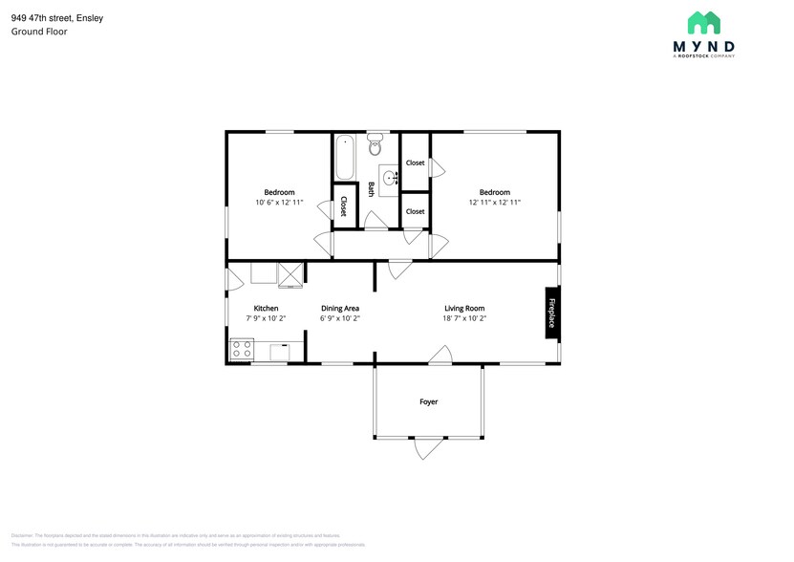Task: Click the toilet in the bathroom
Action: (x=375, y=146)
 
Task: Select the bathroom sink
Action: (x=389, y=177)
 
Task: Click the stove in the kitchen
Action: (x=241, y=351)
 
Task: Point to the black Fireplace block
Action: (x=551, y=312)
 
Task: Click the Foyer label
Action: (x=429, y=401)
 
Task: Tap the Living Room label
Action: (x=464, y=308)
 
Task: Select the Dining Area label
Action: (x=339, y=308)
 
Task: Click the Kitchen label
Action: (x=266, y=308)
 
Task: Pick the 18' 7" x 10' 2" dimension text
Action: (x=464, y=319)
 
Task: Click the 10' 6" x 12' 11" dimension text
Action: (x=279, y=203)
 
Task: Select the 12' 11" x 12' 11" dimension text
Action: (x=494, y=203)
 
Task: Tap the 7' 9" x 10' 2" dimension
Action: (x=266, y=319)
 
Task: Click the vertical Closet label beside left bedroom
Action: (x=344, y=205)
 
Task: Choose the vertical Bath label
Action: (x=371, y=189)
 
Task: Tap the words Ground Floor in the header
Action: (x=39, y=32)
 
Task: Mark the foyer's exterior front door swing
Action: (x=427, y=448)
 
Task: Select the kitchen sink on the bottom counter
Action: (x=280, y=353)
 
